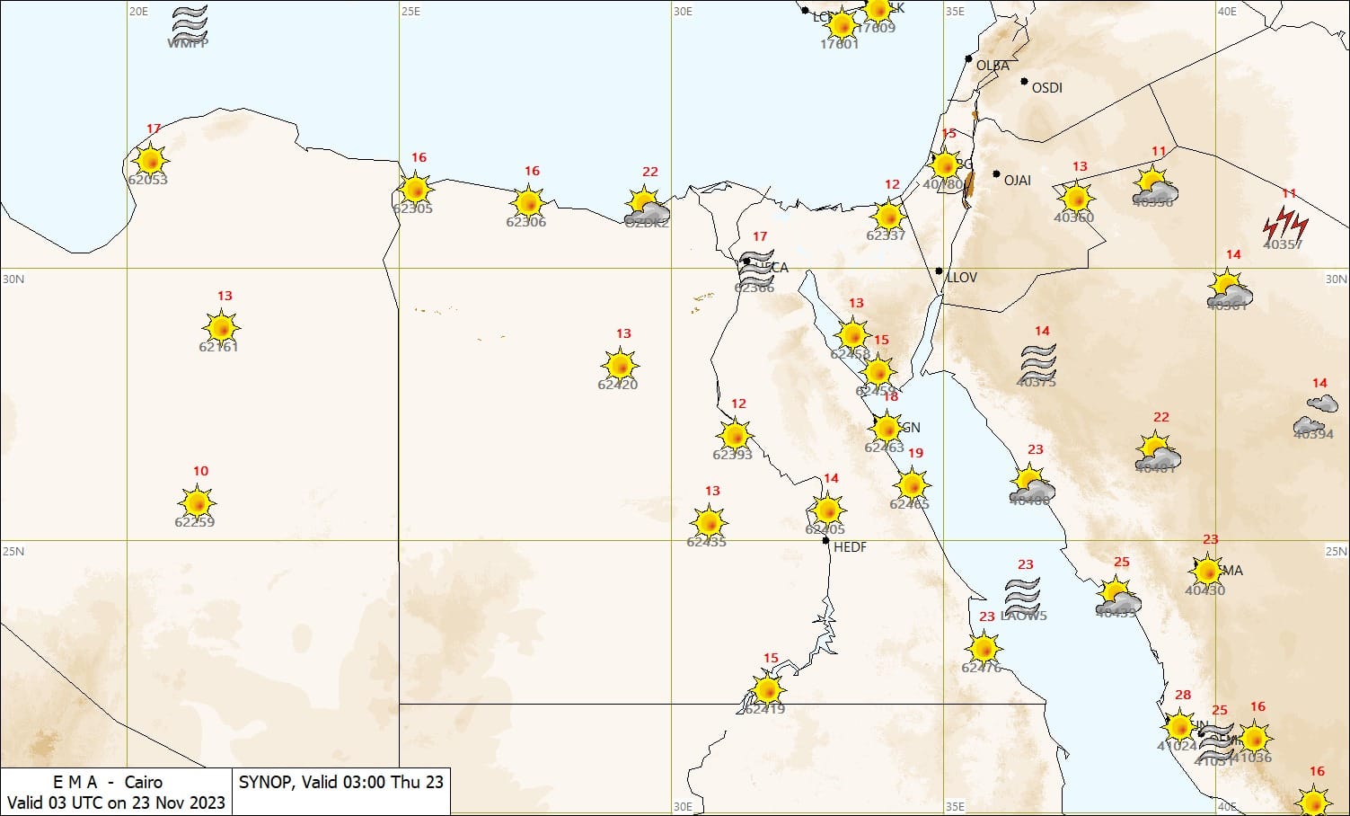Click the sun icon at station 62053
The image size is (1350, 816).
150,160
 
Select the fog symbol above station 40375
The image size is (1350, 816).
1038,360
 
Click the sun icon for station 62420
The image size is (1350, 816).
621,366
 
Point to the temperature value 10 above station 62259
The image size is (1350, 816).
200,471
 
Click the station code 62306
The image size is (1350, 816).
525,222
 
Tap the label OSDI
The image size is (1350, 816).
1046,88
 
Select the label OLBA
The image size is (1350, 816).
993,66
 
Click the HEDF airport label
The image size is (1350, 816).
850,546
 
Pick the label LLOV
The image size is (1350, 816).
961,278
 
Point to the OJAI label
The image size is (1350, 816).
1017,181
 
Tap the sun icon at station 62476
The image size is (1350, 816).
984,647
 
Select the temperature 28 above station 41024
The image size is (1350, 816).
1182,695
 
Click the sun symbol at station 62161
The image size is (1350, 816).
221,327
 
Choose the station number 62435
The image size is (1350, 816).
706,542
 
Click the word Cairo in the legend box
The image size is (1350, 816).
144,782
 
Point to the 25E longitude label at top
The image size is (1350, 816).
410,12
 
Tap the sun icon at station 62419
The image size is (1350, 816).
766,689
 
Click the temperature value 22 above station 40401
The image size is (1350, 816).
1160,417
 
